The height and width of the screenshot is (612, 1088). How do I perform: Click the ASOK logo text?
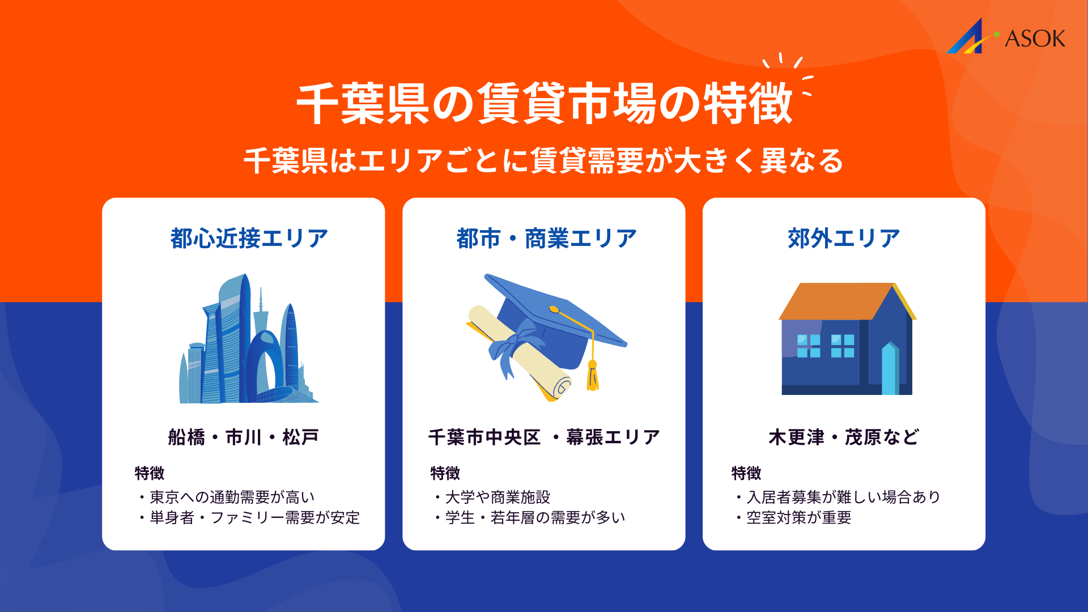(x=1035, y=39)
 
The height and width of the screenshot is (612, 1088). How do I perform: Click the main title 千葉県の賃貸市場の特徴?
(x=544, y=103)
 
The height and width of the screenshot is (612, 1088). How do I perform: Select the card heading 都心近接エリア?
(x=249, y=239)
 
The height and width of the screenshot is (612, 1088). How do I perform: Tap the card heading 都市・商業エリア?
(x=547, y=239)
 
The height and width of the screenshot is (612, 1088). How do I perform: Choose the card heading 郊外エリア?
(x=844, y=239)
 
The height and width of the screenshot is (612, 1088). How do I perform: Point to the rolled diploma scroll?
(x=518, y=354)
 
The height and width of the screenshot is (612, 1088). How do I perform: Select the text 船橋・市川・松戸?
(x=244, y=437)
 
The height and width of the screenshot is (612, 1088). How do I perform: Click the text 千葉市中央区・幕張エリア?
(x=544, y=437)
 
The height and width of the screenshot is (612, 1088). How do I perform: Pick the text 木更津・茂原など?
(x=844, y=437)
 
